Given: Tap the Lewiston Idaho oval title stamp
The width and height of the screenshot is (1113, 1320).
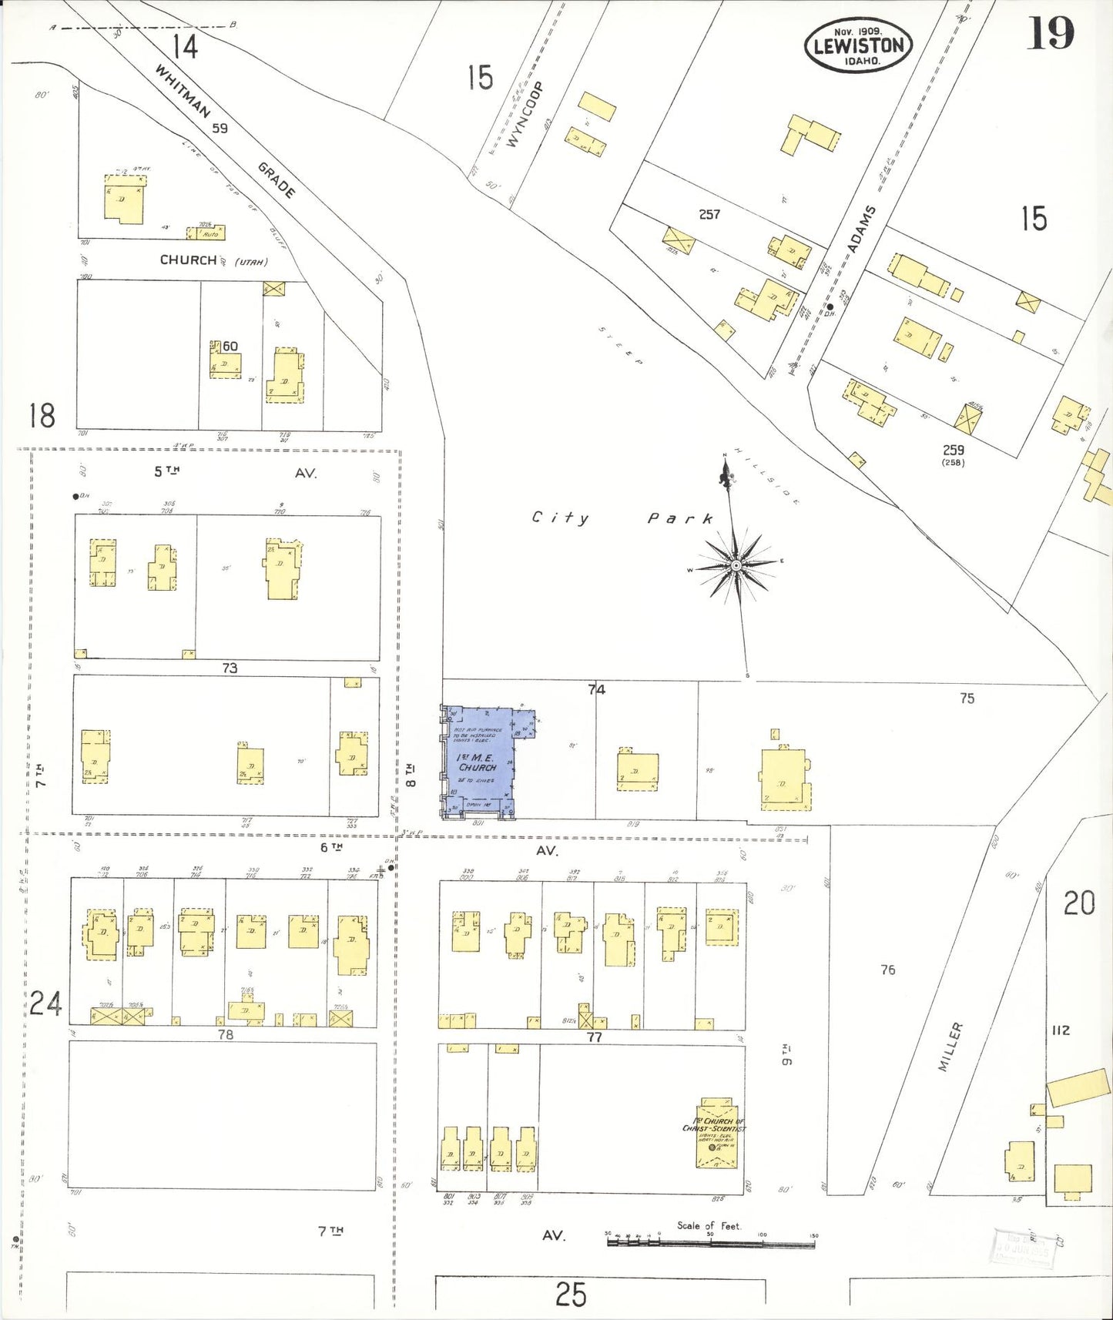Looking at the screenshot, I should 858,45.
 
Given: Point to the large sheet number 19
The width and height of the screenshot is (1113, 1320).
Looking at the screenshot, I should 1050,33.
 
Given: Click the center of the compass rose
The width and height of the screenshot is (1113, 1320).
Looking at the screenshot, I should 736,565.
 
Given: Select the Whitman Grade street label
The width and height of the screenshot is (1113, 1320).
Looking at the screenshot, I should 223,131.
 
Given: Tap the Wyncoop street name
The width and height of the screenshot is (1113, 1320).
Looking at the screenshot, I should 526,114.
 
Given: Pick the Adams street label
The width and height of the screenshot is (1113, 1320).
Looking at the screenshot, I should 861,229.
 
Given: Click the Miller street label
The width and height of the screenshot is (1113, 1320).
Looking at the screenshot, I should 950,1047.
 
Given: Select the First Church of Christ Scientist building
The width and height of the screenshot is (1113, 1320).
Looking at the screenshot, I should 716,1132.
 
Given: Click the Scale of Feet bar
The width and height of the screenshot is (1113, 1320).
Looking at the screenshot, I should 710,1241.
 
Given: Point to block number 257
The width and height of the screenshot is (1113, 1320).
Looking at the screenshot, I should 709,214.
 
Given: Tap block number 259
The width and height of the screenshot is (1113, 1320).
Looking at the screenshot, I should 953,450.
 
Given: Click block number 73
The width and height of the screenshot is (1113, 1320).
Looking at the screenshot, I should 230,668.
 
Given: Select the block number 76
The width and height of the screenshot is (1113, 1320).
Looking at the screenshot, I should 888,970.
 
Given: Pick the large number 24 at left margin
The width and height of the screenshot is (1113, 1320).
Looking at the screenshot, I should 45,1004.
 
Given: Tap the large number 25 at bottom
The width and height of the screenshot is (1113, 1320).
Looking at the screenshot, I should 571,1295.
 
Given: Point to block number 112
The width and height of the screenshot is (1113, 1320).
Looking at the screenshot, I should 1061,1030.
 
